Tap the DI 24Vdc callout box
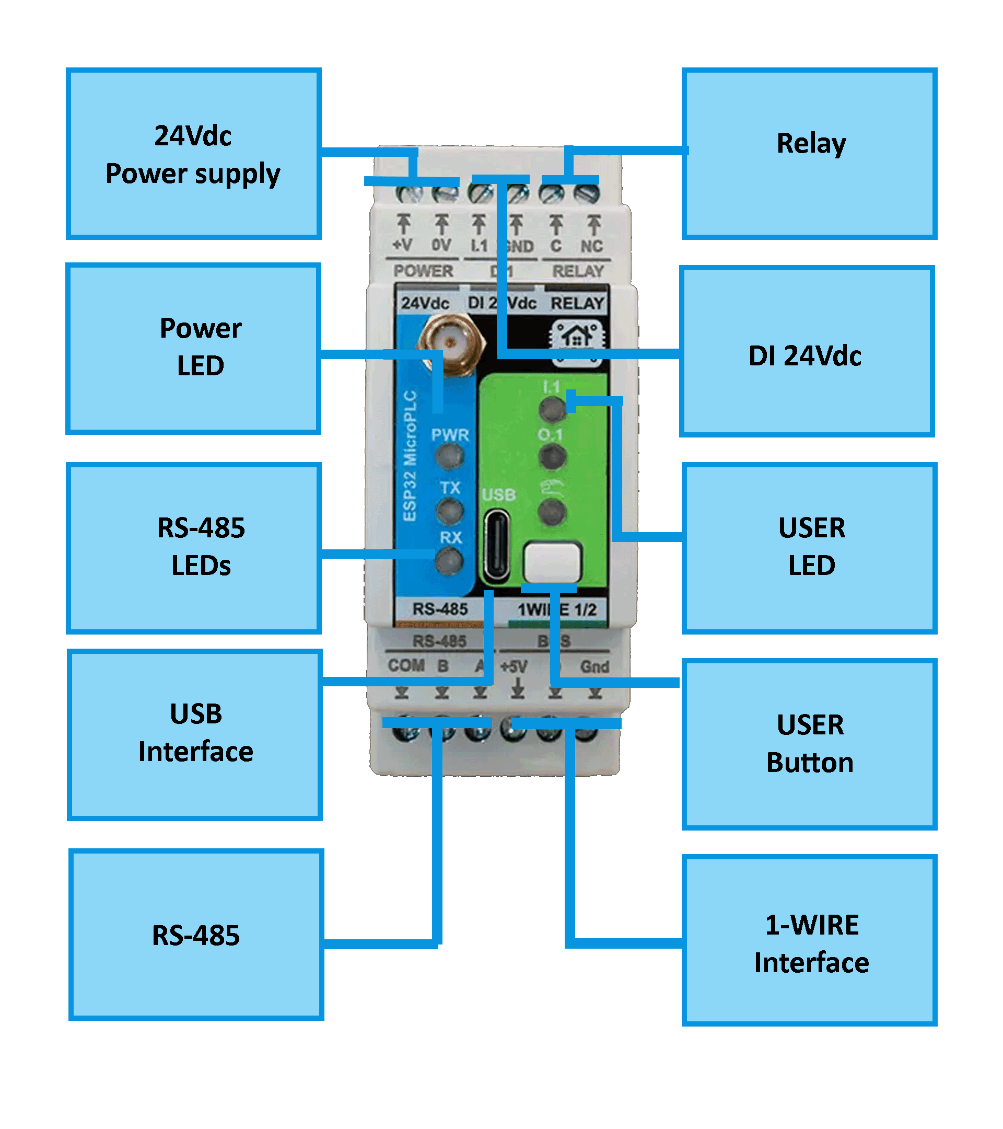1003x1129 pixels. [x=807, y=351]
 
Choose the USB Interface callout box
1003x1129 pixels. [x=195, y=734]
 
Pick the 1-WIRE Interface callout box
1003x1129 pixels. [x=809, y=940]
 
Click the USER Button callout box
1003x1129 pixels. [x=809, y=743]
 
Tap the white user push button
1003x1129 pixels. [x=552, y=562]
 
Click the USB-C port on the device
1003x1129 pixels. [x=496, y=546]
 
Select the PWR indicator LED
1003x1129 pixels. [x=449, y=456]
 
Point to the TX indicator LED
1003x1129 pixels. [x=449, y=511]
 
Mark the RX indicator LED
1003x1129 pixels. [x=449, y=562]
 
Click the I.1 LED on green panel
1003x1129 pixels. [x=552, y=409]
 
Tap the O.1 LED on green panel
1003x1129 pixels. [x=552, y=457]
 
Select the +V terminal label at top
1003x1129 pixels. [x=402, y=245]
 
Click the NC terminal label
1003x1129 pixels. [x=591, y=246]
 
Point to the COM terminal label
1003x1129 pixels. [x=406, y=665]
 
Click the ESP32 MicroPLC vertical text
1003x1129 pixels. [x=410, y=456]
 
